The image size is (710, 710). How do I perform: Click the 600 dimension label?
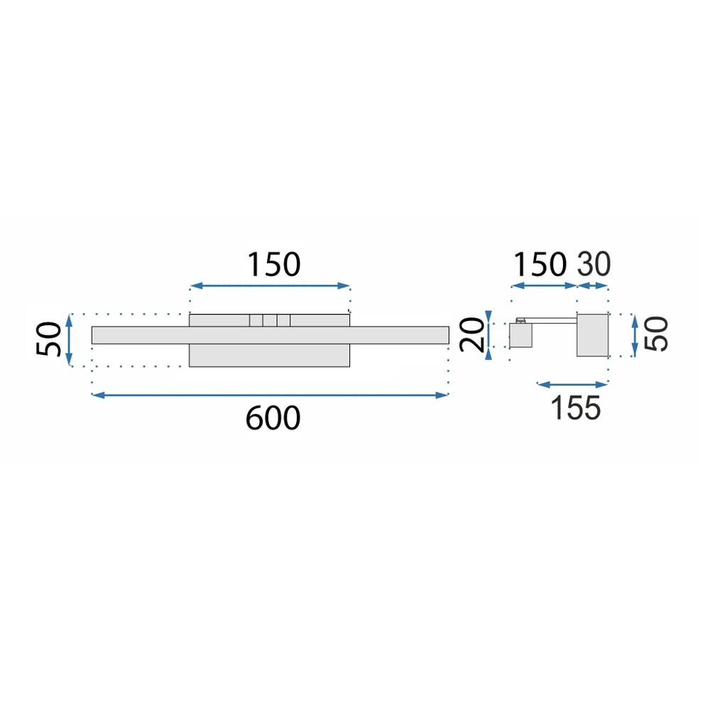[x=273, y=418]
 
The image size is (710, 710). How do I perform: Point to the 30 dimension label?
[x=594, y=264]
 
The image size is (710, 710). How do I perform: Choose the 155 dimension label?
[x=575, y=408]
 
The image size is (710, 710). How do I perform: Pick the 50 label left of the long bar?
[x=49, y=340]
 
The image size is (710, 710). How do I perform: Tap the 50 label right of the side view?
[x=657, y=334]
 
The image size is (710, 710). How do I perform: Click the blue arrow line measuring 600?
[x=270, y=395]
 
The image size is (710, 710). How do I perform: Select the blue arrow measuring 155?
[x=572, y=385]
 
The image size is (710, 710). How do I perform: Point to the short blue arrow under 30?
[x=593, y=286]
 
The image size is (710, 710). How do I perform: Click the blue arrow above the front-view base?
[x=271, y=286]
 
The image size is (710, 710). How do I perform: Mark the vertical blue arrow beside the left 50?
[x=70, y=340]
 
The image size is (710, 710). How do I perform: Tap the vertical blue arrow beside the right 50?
[x=634, y=334]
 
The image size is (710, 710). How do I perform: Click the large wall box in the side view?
[x=593, y=334]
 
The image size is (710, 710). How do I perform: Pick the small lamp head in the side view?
[x=520, y=335]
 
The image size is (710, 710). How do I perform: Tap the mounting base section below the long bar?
[x=270, y=356]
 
